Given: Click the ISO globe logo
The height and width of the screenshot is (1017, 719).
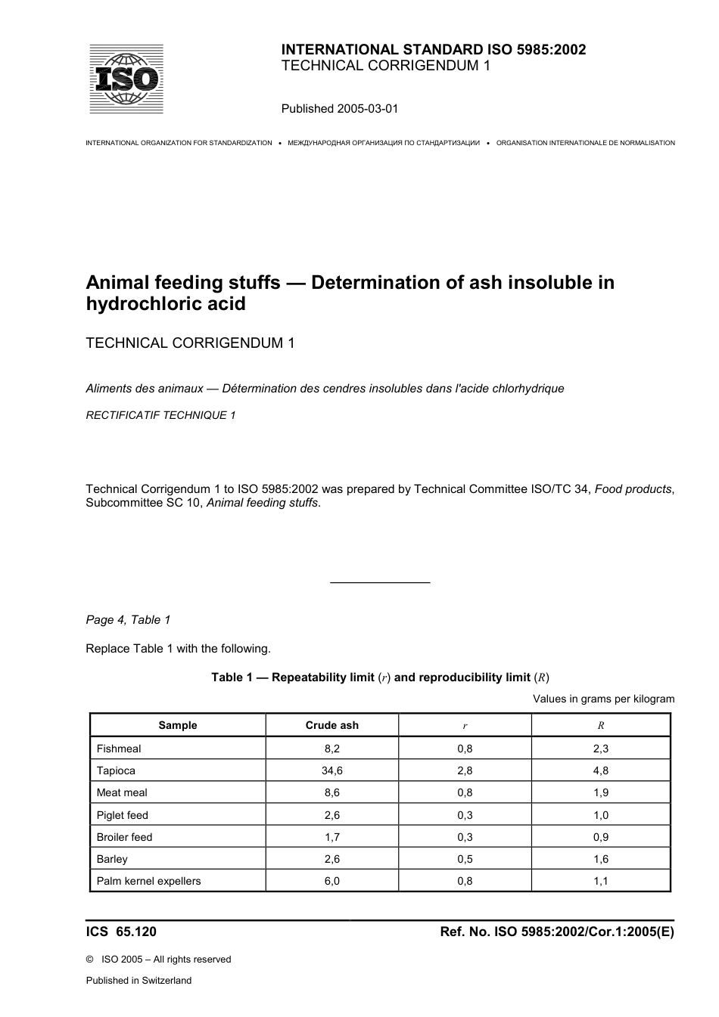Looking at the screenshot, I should tap(126, 79).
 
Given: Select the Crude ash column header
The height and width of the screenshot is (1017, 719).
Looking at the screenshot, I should tap(331, 725).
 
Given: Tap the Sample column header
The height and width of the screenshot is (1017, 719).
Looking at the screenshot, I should tap(178, 725).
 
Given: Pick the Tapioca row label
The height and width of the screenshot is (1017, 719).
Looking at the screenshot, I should tap(116, 771).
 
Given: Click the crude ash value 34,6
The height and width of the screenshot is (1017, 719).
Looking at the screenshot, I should tap(331, 771).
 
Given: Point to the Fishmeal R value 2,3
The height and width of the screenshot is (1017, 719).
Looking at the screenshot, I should tap(601, 749).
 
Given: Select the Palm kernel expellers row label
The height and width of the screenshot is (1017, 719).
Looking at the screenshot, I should tap(148, 881).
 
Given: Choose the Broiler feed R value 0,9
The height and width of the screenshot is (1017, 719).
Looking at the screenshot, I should tap(601, 837).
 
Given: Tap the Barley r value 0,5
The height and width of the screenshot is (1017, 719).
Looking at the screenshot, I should tap(465, 859).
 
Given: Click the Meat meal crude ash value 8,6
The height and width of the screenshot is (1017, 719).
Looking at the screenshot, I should tap(331, 792).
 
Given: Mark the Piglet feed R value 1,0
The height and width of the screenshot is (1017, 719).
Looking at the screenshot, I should tap(601, 815).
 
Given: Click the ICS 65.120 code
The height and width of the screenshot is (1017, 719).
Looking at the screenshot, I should tap(121, 932).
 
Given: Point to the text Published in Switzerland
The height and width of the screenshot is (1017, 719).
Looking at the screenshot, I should tap(139, 981).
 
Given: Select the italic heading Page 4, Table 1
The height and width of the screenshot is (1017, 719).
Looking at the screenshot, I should tap(128, 620).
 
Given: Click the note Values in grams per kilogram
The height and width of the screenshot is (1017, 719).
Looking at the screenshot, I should tap(603, 699).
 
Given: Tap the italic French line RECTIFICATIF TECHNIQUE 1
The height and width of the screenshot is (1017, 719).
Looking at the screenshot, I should tap(160, 415).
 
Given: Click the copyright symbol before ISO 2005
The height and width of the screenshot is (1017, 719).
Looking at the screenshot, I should tap(90, 960).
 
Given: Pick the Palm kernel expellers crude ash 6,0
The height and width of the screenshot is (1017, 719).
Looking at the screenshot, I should tap(331, 881).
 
